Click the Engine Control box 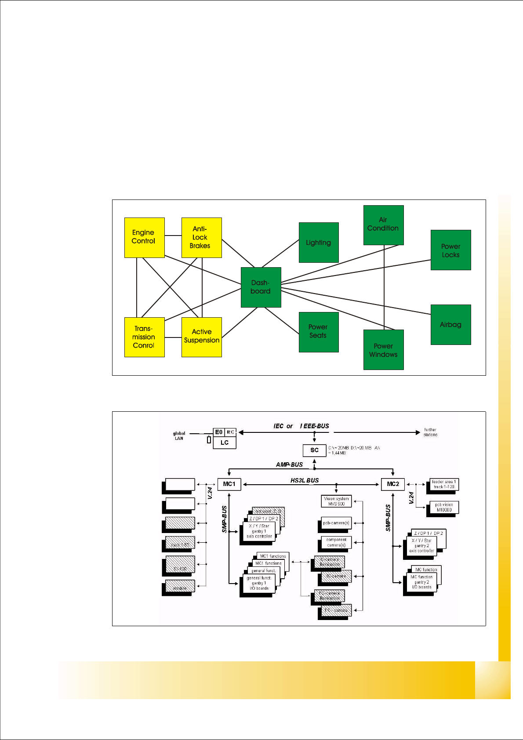click(144, 237)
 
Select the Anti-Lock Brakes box click(201, 237)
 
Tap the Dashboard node click(261, 287)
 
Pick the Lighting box click(319, 243)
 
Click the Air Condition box click(383, 225)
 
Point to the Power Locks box click(450, 250)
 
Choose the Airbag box click(450, 324)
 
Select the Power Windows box click(383, 350)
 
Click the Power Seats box click(319, 332)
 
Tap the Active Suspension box click(201, 337)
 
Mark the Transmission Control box click(144, 337)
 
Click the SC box click(314, 450)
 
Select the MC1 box click(229, 484)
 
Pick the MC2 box click(392, 484)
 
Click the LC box click(225, 443)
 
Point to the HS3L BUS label click(305, 480)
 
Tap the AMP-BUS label click(289, 464)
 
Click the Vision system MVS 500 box click(336, 501)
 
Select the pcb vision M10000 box click(444, 508)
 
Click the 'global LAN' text click(179, 435)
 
